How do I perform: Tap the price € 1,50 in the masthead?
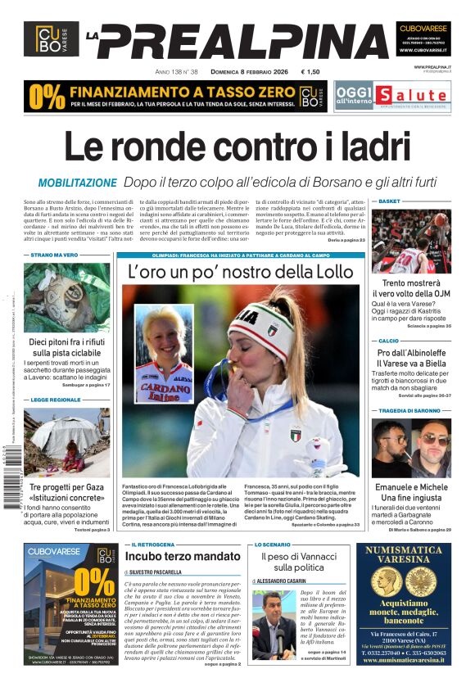coord(310,71)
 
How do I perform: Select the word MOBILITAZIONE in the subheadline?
coord(78,183)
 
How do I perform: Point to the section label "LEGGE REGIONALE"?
coord(57,400)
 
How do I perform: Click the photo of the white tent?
coord(66,443)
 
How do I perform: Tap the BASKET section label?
coord(389,201)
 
